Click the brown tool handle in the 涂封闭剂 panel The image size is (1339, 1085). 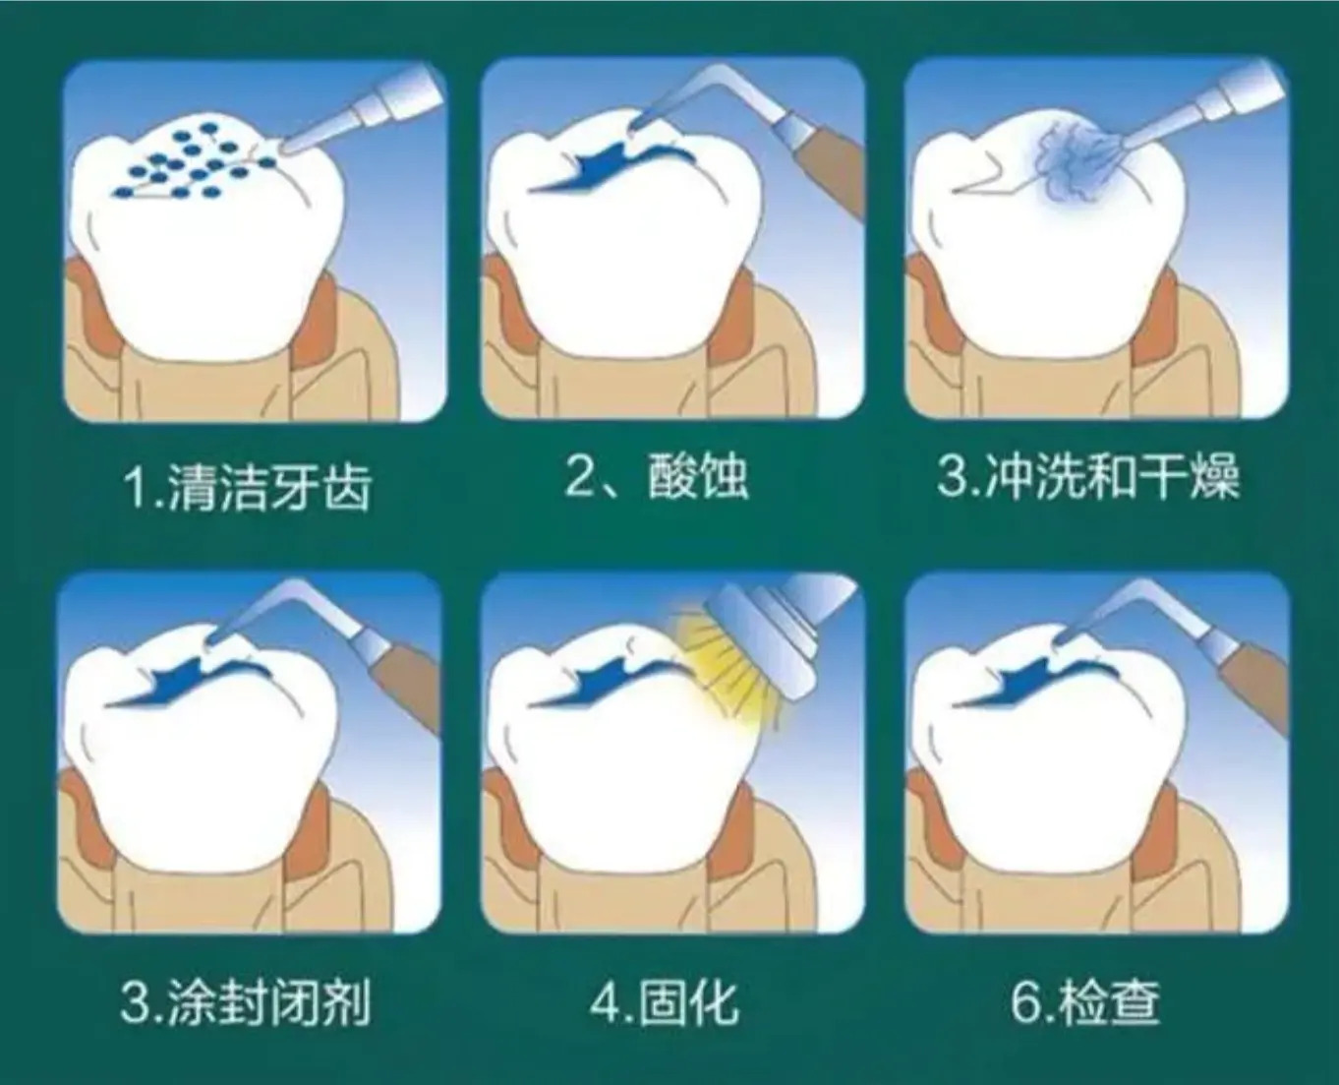click(405, 686)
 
